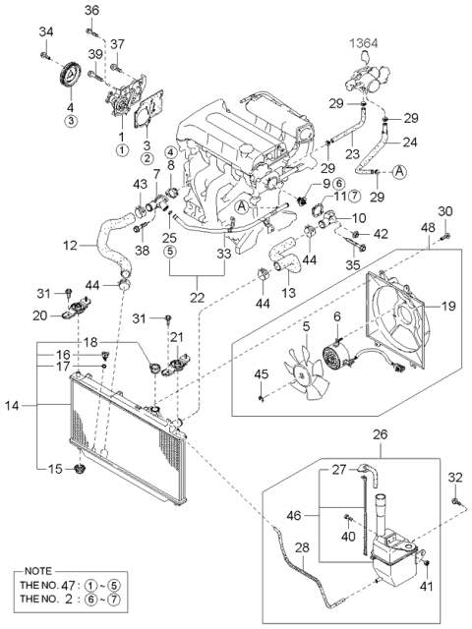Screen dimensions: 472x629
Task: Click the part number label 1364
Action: (x=364, y=43)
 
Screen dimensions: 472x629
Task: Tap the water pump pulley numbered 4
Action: (x=70, y=75)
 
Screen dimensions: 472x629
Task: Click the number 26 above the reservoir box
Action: (x=381, y=434)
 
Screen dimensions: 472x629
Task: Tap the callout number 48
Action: (x=428, y=227)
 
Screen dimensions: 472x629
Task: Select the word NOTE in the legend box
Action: (x=38, y=571)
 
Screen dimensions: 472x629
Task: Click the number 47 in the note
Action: (x=68, y=585)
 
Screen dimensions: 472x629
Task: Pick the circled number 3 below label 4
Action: (x=70, y=121)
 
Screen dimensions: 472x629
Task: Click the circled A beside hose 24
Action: (x=399, y=171)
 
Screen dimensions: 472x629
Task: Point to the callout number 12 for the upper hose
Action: (x=70, y=245)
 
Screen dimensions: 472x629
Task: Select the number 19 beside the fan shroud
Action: (x=448, y=307)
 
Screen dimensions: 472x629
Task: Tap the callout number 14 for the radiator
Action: (x=12, y=406)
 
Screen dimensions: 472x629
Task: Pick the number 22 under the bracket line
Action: (x=197, y=297)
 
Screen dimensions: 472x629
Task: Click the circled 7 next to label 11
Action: (x=354, y=196)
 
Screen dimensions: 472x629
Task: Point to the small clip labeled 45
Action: (x=261, y=397)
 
